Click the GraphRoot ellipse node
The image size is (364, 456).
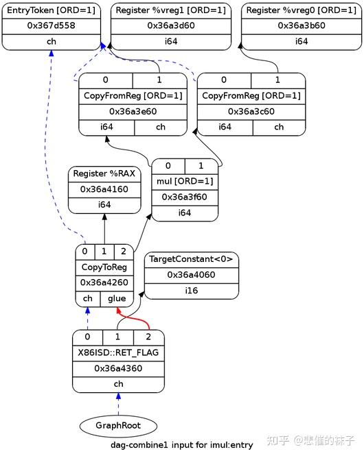[x=117, y=425]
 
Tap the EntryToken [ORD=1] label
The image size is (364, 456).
[x=52, y=10]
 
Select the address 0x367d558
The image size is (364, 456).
[x=52, y=25]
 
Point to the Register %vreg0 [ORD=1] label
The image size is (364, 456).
[x=301, y=10]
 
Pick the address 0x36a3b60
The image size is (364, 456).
[x=301, y=25]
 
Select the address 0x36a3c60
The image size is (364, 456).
[x=251, y=111]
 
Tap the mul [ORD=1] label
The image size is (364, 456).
[x=185, y=182]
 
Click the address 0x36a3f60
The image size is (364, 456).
[x=185, y=197]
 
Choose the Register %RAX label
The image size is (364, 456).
[x=104, y=174]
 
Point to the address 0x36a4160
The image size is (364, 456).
[x=104, y=189]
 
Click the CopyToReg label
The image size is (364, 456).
[x=104, y=267]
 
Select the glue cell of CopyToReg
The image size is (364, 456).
[x=117, y=298]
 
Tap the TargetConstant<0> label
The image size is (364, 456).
[x=191, y=259]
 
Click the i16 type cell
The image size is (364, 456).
[x=191, y=291]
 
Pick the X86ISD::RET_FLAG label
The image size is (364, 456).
[x=118, y=353]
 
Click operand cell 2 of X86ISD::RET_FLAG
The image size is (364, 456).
[x=148, y=337]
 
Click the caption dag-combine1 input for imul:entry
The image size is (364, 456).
[x=182, y=445]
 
